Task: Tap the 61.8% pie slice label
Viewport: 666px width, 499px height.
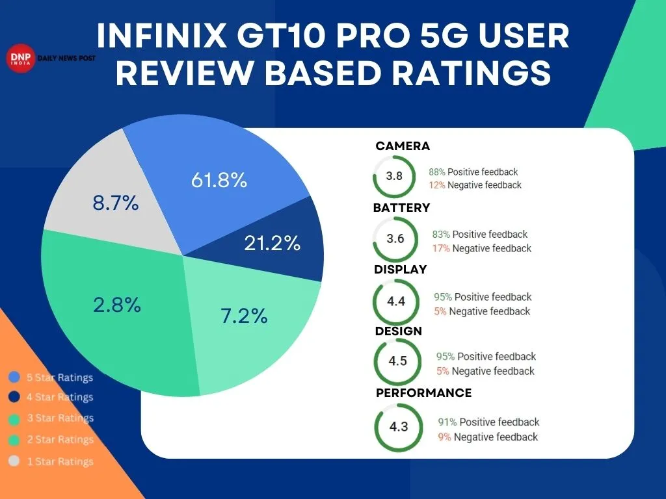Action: pos(219,180)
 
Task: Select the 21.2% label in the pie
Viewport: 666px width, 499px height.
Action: pos(272,243)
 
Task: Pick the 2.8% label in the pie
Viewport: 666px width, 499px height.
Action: pos(116,305)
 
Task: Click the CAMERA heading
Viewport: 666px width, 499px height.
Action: pos(403,146)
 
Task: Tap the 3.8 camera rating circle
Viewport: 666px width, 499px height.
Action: pos(393,176)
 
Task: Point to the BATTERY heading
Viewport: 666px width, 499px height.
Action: pos(401,208)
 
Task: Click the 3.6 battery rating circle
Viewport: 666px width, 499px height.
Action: pos(395,238)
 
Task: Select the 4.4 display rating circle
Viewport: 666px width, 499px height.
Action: pos(395,301)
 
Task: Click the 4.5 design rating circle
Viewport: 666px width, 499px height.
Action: pos(397,362)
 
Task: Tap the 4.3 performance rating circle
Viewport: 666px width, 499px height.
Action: pos(398,427)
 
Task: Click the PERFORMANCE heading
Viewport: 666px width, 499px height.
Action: pos(423,393)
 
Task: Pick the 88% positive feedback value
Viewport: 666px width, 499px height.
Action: pos(436,172)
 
